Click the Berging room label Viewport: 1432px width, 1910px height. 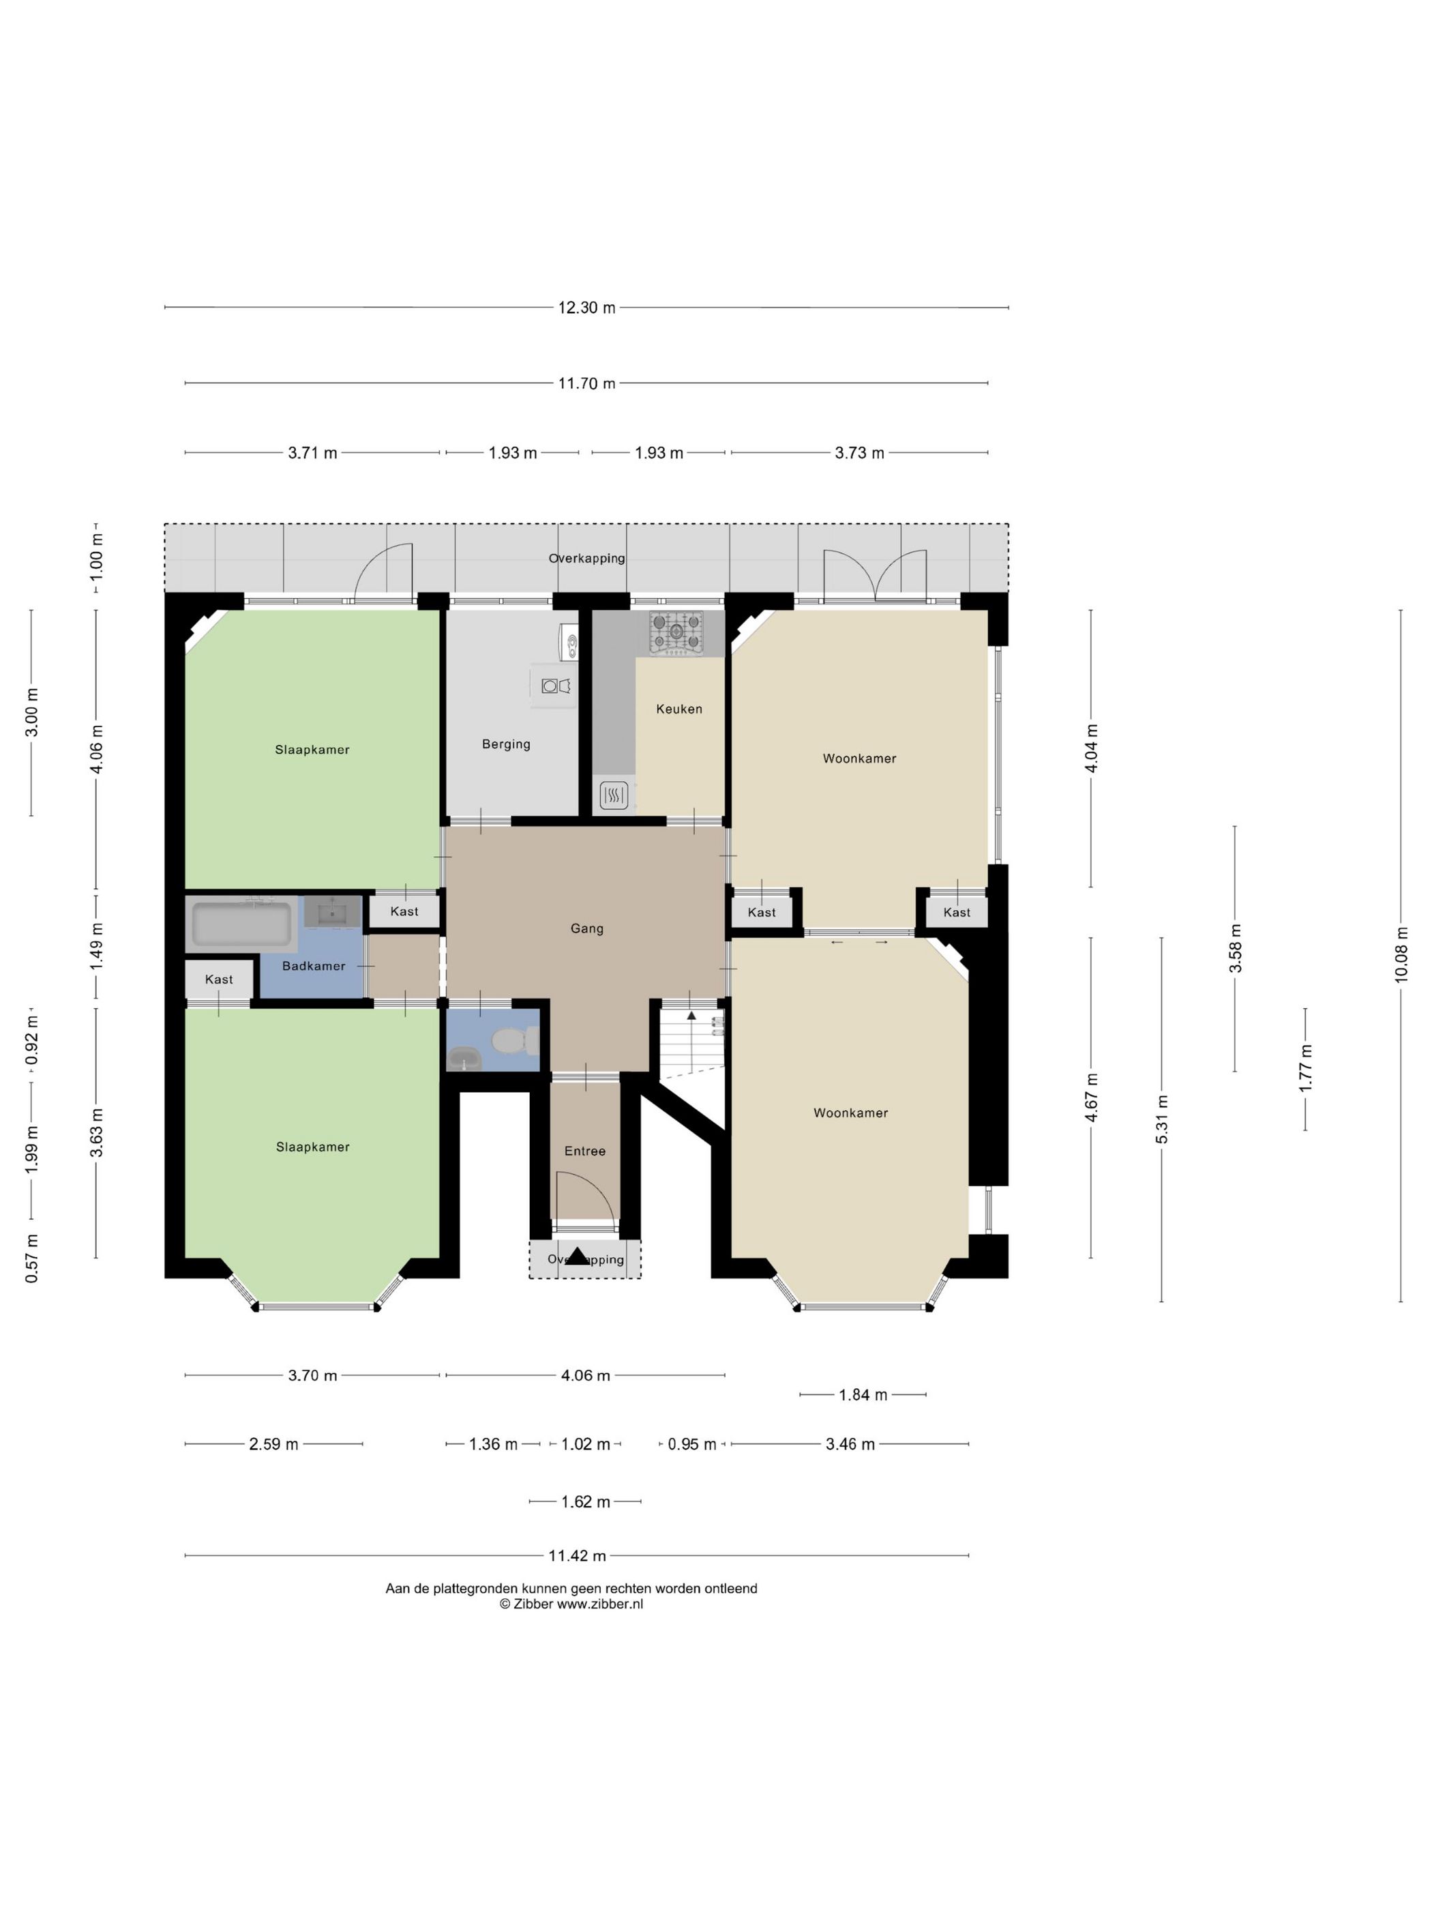coord(506,744)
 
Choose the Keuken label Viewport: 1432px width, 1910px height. coord(679,709)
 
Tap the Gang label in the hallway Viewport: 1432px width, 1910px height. coord(587,928)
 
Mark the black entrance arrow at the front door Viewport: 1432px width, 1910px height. coord(578,1257)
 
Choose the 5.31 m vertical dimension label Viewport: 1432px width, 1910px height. coord(1161,1119)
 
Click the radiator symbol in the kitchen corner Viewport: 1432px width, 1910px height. coord(613,795)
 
